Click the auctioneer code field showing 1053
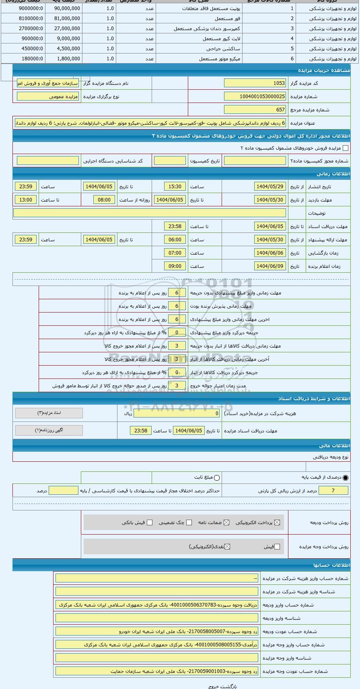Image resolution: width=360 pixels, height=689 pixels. point(255,83)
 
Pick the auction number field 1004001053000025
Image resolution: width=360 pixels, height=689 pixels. point(255,97)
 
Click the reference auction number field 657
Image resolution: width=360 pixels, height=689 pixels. point(255,110)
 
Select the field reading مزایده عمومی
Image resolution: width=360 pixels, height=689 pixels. point(48,97)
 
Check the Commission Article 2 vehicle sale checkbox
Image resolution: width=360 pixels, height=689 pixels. point(345,148)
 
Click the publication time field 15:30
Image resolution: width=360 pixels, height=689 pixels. point(175,187)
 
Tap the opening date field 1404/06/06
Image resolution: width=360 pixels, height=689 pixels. point(270,253)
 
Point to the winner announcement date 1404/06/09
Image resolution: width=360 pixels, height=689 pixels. point(270,266)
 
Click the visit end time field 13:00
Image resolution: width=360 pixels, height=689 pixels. point(26,200)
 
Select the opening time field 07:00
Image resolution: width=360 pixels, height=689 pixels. point(175,253)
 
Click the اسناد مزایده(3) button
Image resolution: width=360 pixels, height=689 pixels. point(49,413)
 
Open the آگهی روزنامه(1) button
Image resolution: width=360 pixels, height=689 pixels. point(49,430)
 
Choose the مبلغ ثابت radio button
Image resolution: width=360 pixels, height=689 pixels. point(217,478)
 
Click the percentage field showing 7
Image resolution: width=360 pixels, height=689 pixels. point(333,491)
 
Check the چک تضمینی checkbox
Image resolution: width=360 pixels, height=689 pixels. point(189,522)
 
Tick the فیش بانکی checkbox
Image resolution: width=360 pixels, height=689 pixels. point(150,522)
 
